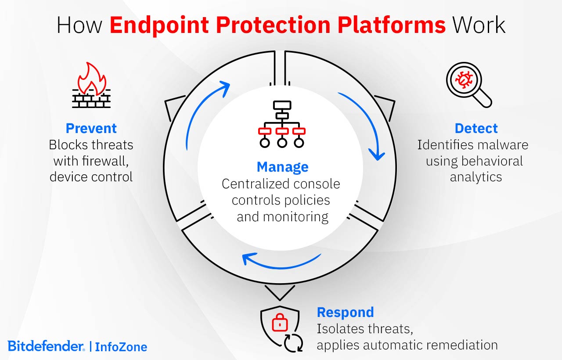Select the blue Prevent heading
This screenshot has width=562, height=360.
[x=91, y=128]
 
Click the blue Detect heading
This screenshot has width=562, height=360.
[x=476, y=128]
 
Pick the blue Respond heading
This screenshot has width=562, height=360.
[x=345, y=312]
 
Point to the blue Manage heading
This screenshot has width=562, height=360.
[x=282, y=167]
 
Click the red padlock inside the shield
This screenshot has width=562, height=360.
[x=280, y=324]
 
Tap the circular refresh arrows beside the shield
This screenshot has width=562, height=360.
[x=293, y=343]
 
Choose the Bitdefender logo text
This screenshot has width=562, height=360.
[x=46, y=346]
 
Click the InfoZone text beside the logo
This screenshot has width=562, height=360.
[x=121, y=347]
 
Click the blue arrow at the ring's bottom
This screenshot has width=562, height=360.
[x=281, y=261]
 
